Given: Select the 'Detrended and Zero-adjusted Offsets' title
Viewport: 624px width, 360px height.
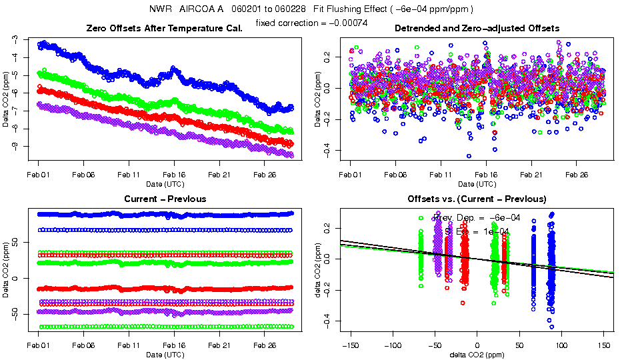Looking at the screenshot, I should click(477, 28).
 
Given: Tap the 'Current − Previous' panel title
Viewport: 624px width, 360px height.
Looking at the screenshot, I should click(165, 199).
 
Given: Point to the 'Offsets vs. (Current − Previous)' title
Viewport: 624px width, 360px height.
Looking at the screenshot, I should click(477, 199).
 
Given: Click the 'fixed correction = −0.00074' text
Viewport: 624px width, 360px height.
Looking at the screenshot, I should click(312, 23).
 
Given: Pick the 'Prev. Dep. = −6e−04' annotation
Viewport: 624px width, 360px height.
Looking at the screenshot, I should click(477, 217).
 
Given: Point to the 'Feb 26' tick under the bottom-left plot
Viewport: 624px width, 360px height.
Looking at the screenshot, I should click(265, 347).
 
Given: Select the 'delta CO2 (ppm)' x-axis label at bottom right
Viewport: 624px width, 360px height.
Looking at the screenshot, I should click(477, 354).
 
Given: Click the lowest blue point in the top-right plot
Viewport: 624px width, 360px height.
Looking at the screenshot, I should click(469, 156).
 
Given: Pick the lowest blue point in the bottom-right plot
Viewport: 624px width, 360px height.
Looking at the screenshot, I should click(551, 327).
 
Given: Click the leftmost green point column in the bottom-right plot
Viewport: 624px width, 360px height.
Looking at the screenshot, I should click(421, 257).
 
